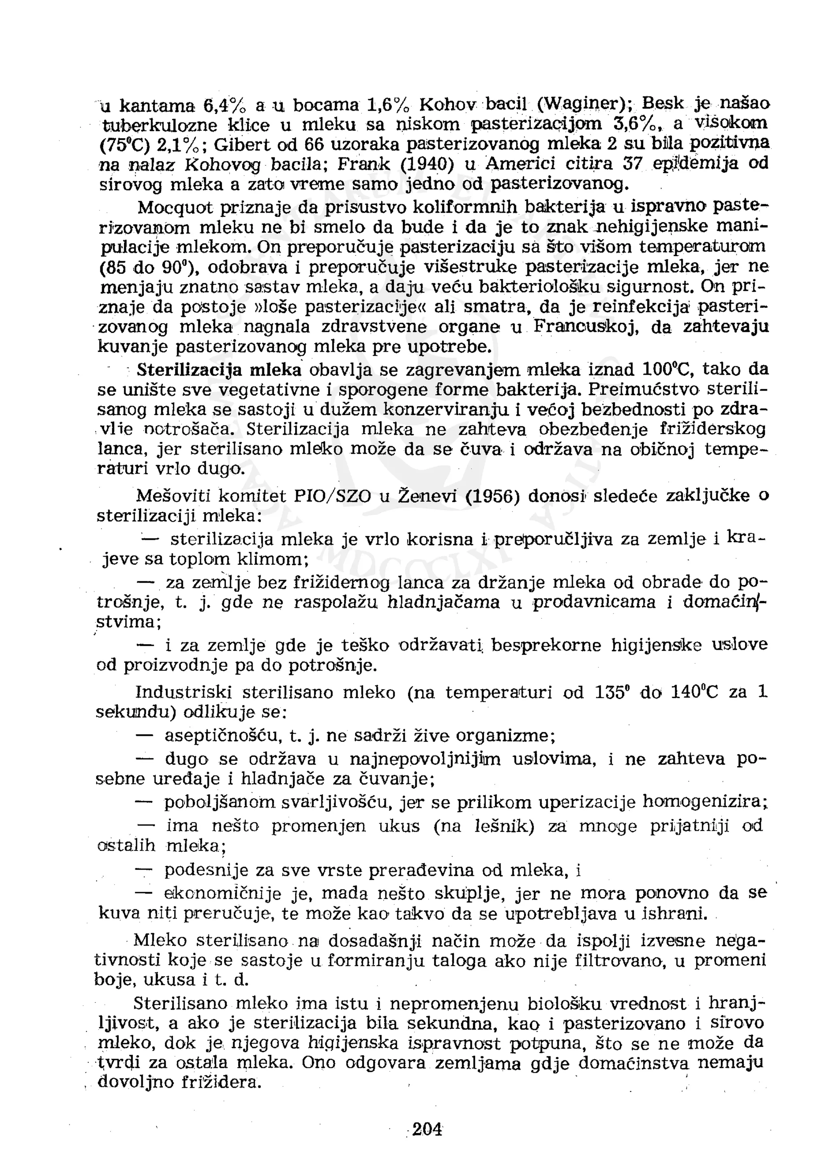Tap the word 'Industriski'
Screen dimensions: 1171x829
point(183,693)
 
